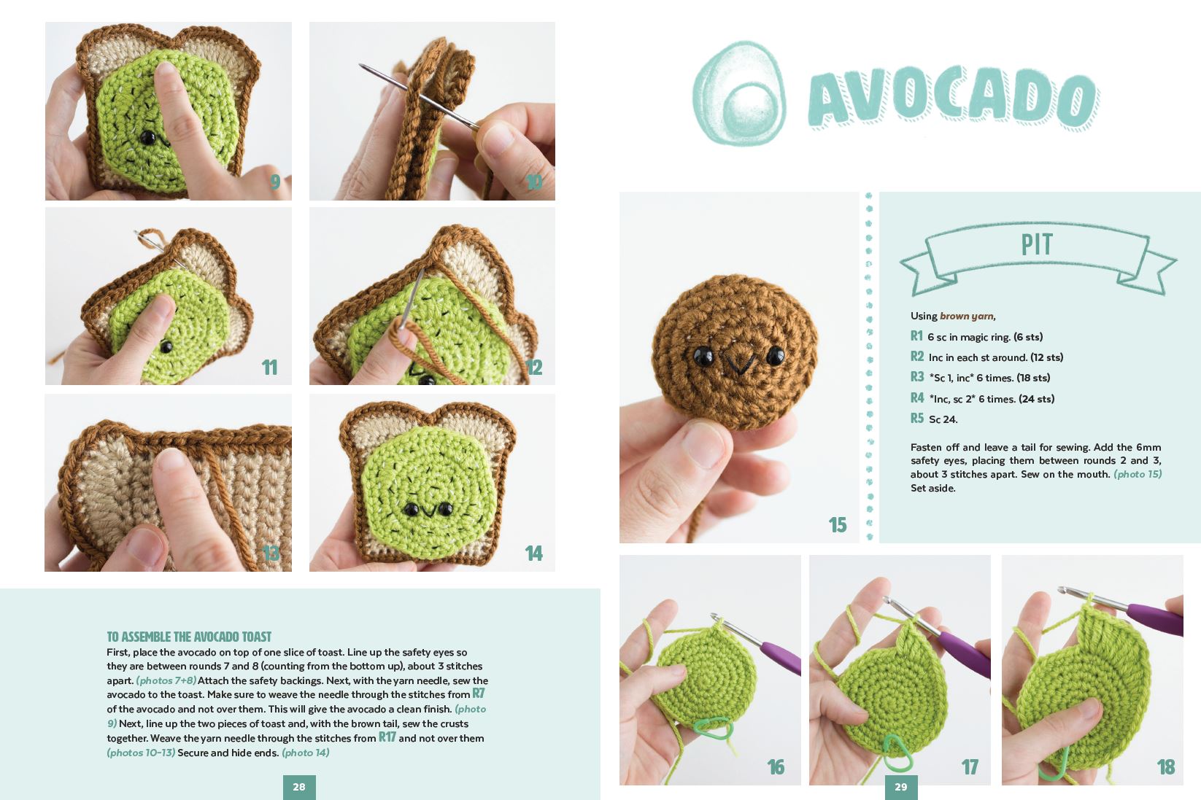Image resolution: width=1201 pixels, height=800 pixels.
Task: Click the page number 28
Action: [x=299, y=787]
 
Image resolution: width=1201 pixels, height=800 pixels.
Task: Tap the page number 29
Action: [x=901, y=787]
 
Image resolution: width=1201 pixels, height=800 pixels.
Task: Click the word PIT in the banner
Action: [x=1037, y=245]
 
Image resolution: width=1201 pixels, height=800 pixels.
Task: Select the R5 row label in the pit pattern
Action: [x=917, y=419]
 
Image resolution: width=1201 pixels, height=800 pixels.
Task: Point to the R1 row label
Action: [x=917, y=336]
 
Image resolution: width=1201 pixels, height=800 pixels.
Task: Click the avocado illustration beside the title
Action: [x=739, y=93]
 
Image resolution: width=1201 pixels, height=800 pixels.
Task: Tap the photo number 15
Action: [x=837, y=524]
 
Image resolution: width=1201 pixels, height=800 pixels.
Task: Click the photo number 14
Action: [x=533, y=554]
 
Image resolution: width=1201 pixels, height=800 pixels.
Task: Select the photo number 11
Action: [x=269, y=368]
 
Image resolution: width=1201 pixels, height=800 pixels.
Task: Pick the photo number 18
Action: [x=1165, y=767]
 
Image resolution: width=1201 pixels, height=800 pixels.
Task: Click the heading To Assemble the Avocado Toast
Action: [x=189, y=637]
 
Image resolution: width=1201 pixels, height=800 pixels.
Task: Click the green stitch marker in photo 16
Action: [x=714, y=727]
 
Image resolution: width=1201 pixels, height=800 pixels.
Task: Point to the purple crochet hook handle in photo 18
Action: [x=1156, y=619]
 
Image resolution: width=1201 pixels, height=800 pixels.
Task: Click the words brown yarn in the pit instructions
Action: [x=966, y=316]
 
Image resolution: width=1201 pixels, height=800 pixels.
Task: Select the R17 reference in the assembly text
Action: [x=387, y=737]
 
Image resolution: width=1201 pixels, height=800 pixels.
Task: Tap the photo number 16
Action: [x=776, y=767]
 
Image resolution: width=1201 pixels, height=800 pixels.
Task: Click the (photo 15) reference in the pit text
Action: [x=1137, y=474]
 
